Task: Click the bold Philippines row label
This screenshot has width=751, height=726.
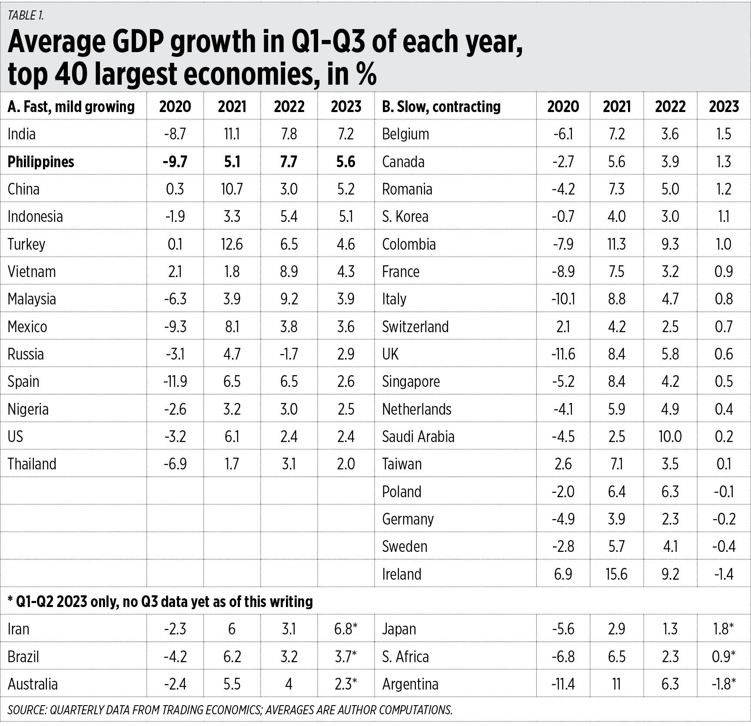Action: point(41,162)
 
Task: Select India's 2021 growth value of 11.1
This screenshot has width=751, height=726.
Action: point(232,134)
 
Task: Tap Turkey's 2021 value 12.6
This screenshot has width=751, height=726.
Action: point(232,244)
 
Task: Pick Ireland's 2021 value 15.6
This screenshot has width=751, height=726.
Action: point(616,574)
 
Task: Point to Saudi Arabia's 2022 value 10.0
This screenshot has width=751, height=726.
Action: point(670,436)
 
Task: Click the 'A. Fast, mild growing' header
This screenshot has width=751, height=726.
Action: point(71,107)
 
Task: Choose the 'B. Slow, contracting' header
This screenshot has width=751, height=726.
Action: point(441,107)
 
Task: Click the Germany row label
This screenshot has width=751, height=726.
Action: point(408,519)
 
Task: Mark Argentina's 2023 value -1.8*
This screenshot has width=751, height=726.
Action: point(724,684)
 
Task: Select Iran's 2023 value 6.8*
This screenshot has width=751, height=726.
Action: point(346,629)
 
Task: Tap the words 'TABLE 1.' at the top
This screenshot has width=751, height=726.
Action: point(26,16)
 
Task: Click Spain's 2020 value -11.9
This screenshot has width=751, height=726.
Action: point(175,382)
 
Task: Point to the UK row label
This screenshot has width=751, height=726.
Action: point(390,354)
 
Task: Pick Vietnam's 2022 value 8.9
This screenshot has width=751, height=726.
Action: point(289,271)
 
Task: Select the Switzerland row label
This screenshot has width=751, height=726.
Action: point(415,327)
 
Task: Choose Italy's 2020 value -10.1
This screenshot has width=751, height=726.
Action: point(563,299)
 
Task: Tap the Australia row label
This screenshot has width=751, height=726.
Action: point(33,684)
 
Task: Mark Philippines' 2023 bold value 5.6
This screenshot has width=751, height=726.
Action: point(346,162)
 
